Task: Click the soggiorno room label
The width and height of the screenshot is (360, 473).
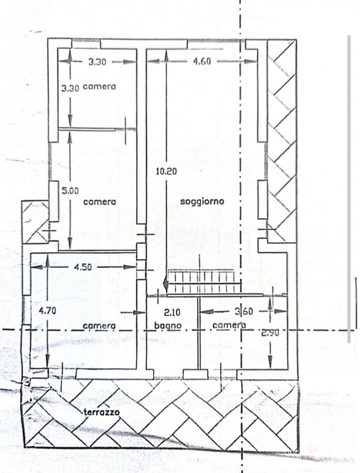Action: click(202, 201)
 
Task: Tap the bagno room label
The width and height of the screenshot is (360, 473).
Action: click(168, 326)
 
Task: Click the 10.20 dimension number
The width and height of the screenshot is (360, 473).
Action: click(167, 171)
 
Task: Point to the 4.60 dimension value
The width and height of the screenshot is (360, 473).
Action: click(202, 61)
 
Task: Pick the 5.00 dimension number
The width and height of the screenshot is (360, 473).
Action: click(70, 191)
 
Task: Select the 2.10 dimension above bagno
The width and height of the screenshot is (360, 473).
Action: click(172, 312)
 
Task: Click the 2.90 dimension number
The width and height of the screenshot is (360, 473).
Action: click(270, 333)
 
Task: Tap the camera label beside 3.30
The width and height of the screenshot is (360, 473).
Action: click(99, 86)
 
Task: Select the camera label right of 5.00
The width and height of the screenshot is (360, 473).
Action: click(99, 202)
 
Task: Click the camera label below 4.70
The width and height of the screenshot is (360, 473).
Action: click(99, 326)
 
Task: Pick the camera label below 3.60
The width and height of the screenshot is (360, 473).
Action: click(229, 325)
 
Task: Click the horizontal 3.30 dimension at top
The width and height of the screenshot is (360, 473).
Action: click(97, 62)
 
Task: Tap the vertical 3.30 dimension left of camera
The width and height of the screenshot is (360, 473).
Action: click(70, 89)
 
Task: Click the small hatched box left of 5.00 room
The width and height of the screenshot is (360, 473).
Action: click(35, 222)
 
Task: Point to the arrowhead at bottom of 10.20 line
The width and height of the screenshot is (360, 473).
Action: click(166, 284)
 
